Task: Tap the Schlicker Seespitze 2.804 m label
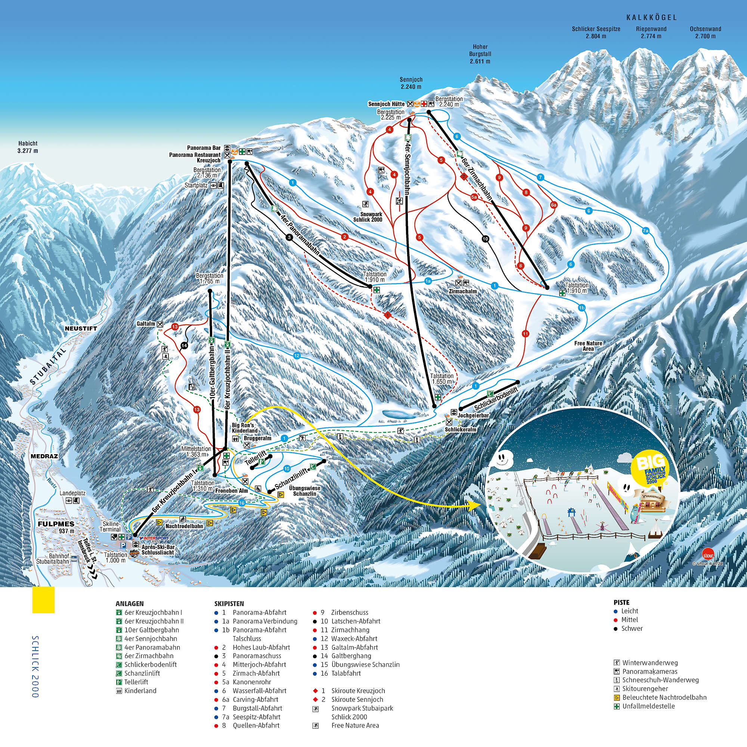(x=596, y=32)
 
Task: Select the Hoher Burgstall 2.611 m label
(x=480, y=54)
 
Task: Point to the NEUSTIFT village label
(x=81, y=328)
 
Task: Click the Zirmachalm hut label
(x=462, y=291)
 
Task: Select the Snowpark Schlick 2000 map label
(x=367, y=217)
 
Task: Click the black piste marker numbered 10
(x=485, y=239)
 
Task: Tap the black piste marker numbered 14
(x=184, y=345)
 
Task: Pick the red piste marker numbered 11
(x=525, y=334)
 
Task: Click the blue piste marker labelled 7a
(x=645, y=231)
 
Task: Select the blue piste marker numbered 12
(x=297, y=356)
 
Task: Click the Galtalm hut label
(x=146, y=323)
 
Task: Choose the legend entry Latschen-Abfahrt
(x=356, y=621)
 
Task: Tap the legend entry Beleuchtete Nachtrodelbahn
(x=664, y=697)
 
